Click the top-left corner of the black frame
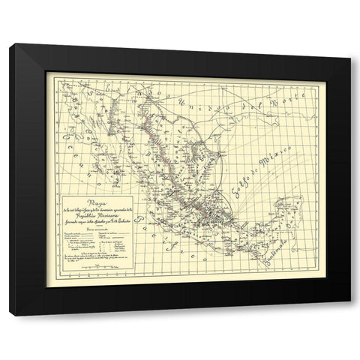click(10, 45)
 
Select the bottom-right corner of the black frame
click(350, 316)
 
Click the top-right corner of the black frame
click(350, 45)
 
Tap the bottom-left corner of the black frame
click(10, 316)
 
